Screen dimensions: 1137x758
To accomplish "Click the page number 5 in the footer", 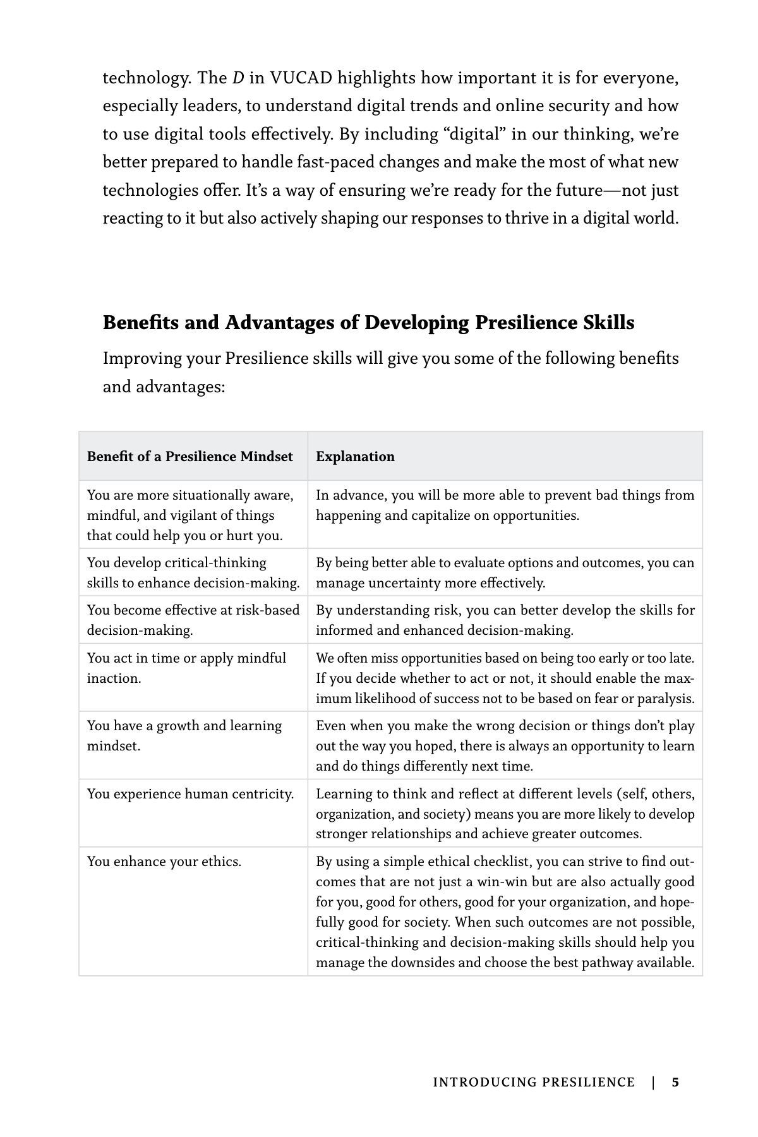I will tap(675, 1082).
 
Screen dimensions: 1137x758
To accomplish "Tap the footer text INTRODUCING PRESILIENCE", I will tap(533, 1082).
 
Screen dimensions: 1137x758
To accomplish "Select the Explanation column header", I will tap(355, 457).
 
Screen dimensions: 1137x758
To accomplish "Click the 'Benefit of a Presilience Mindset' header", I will tap(189, 457).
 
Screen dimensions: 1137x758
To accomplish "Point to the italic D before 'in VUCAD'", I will tap(238, 78).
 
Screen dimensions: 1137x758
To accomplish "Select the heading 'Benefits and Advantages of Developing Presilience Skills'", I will tap(368, 323).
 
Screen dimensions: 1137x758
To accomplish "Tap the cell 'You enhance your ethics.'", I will tap(164, 862).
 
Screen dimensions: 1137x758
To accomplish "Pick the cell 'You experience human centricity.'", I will tap(190, 794).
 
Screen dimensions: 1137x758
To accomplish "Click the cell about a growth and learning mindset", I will tap(184, 736).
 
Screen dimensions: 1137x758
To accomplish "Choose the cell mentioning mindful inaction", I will tap(186, 668).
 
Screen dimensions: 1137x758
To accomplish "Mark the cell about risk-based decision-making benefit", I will tap(193, 620).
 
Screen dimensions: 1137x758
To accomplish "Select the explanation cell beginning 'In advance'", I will tap(505, 505).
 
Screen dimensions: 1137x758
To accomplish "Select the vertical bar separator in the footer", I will tap(653, 1082).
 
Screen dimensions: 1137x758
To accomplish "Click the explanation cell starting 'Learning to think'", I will tap(505, 814).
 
